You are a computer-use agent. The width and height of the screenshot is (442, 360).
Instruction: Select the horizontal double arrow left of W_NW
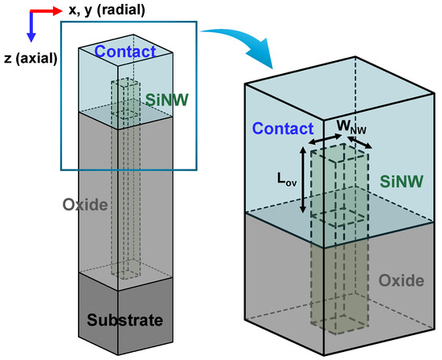(321, 139)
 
